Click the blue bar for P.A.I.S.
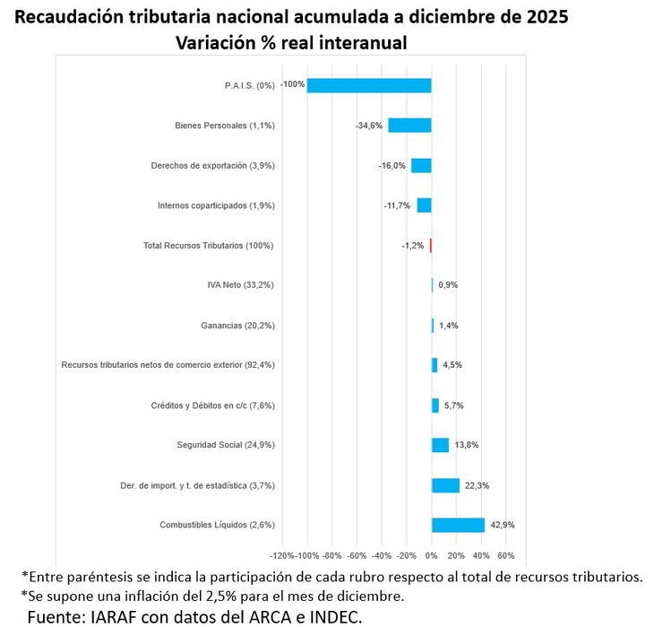(369, 85)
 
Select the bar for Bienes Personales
(409, 126)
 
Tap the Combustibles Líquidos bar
(458, 526)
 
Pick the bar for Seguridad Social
(440, 445)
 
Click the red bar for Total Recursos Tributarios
(431, 246)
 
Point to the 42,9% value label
(503, 526)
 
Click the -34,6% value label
(369, 126)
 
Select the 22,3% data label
(477, 485)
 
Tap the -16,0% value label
(392, 166)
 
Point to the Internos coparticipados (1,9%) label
(216, 205)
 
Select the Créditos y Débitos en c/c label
(212, 405)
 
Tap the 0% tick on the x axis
(432, 555)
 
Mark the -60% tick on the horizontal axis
(357, 555)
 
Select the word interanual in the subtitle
(363, 43)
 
